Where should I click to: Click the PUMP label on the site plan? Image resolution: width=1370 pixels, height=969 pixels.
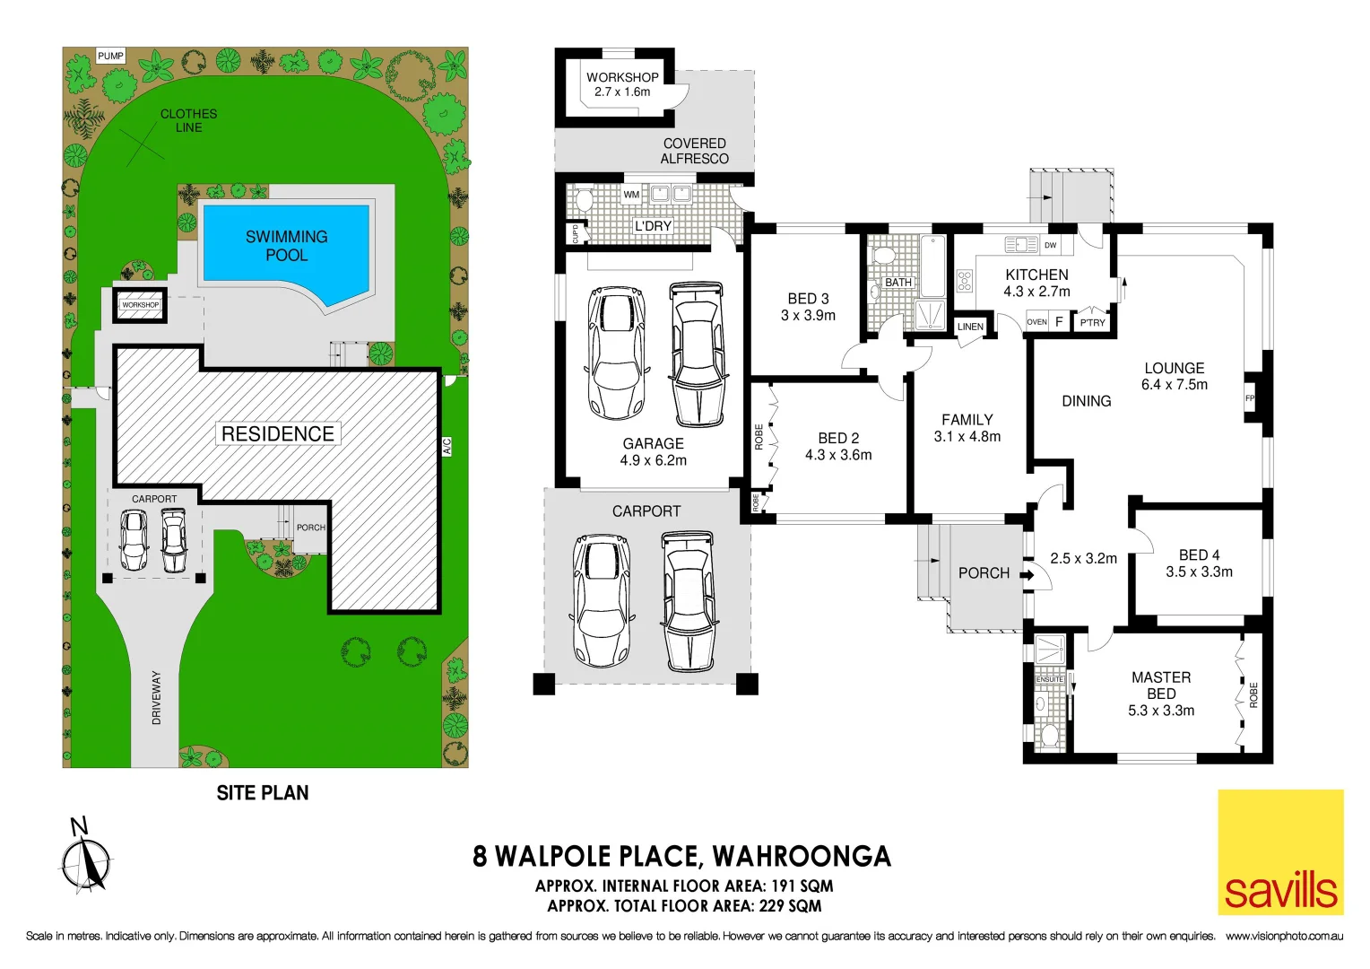pos(110,56)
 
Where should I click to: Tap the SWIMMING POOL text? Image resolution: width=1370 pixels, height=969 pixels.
pos(286,246)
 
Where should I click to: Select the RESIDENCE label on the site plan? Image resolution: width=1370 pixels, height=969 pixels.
pos(277,434)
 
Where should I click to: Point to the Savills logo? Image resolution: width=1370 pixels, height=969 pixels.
pos(1280,852)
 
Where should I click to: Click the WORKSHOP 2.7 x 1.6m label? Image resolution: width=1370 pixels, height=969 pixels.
pos(622,84)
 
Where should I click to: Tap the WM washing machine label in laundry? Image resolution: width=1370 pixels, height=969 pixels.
pos(631,195)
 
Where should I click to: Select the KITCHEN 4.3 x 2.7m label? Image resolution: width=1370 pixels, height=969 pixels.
pos(1036,283)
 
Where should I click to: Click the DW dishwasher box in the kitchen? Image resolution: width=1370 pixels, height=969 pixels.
pos(1051,245)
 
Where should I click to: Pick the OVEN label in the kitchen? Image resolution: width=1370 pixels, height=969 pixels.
pos(1036,322)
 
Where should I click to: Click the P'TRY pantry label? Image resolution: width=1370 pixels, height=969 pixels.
pos(1092,323)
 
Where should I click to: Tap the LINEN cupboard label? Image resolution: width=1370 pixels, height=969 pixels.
pos(970,327)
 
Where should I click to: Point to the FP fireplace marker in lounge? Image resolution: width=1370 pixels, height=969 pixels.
pos(1250,398)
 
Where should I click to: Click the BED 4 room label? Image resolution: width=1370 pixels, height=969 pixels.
pos(1199,563)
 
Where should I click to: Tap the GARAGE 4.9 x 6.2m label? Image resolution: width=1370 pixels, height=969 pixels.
pos(653,451)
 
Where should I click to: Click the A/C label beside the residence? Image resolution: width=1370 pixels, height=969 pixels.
pos(447,445)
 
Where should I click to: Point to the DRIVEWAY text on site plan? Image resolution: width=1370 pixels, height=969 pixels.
pos(157,698)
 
